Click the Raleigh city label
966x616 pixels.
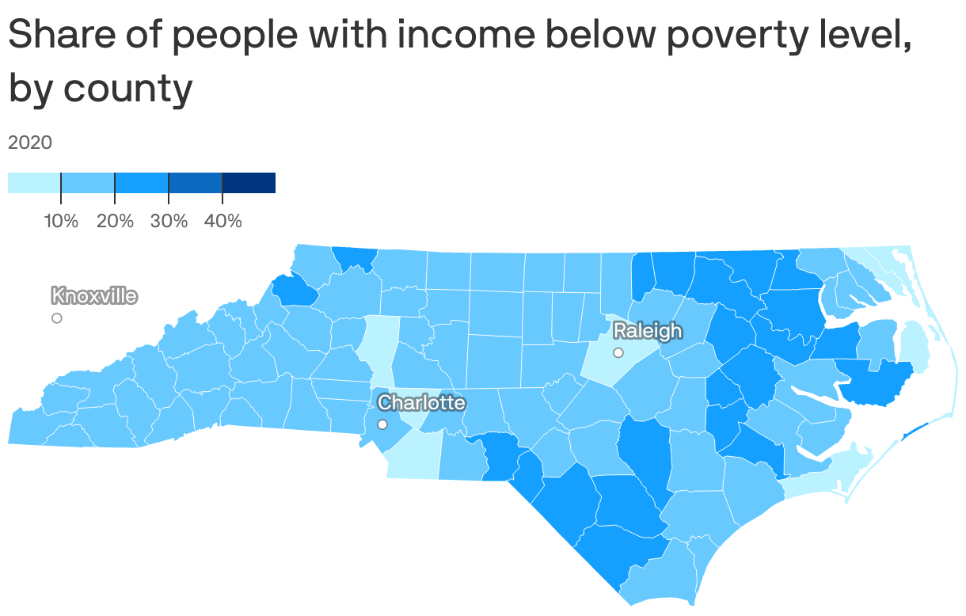647,330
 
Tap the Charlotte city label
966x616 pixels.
421,402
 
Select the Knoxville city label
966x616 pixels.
94,296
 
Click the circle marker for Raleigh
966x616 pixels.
618,352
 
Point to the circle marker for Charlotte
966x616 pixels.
382,424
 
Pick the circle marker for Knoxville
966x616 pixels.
57,318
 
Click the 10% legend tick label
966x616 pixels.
61,221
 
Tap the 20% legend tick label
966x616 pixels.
115,221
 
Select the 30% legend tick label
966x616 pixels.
169,221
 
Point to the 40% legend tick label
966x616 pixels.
222,221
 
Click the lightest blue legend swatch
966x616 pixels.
34,182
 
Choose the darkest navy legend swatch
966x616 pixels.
249,182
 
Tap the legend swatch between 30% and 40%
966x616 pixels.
196,182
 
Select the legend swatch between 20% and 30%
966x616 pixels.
142,182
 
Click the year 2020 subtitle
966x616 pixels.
30,143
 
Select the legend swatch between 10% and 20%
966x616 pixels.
88,182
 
